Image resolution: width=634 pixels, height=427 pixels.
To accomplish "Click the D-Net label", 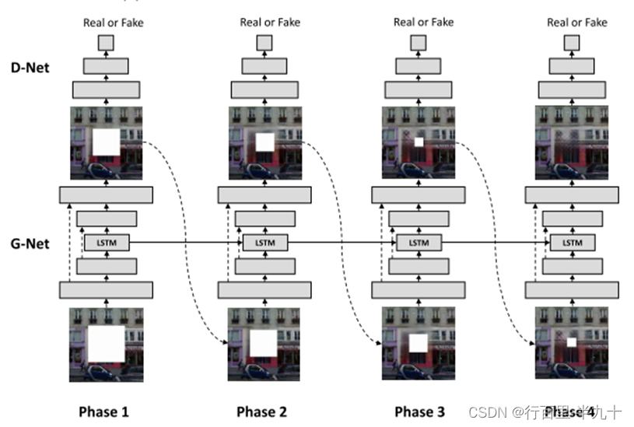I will (x=30, y=68).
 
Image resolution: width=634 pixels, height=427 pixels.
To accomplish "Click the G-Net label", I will (x=30, y=243).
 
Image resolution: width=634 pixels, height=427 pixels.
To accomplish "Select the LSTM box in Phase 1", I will (x=106, y=243).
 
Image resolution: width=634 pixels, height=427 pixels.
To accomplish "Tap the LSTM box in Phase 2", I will (x=264, y=243).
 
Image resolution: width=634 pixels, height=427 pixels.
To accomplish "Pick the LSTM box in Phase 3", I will (x=418, y=243).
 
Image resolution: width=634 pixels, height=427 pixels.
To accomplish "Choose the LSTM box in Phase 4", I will (x=572, y=243).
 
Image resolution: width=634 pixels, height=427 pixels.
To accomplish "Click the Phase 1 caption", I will (x=103, y=411).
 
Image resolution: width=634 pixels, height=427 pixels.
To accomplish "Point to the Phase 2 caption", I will (x=263, y=411).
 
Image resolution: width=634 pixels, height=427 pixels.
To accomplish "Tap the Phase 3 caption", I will (x=420, y=411).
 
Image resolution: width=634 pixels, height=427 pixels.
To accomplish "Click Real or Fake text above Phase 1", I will (x=114, y=23).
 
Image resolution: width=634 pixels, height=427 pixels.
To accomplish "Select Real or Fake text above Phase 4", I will (x=577, y=23).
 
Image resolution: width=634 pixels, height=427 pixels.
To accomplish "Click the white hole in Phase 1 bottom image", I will (x=106, y=344).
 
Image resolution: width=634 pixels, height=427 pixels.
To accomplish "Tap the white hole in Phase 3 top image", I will (x=419, y=142).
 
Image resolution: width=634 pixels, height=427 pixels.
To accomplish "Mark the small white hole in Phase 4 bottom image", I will (x=571, y=342).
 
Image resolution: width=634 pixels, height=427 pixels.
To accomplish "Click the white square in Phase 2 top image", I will (x=265, y=142).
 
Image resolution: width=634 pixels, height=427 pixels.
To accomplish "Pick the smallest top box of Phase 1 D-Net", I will (x=106, y=44).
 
